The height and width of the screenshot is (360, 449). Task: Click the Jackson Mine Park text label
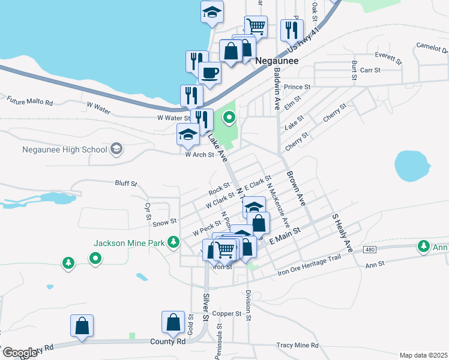tap(130, 243)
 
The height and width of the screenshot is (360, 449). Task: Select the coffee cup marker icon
tap(209, 73)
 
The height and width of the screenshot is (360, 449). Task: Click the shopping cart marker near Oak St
tap(256, 25)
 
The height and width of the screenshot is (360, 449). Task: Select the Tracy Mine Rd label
tap(297, 346)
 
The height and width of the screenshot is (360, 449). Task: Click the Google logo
tap(19, 353)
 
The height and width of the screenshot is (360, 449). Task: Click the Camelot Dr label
tap(432, 47)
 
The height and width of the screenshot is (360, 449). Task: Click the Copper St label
tap(226, 313)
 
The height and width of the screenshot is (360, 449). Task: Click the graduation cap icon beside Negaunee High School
tap(116, 149)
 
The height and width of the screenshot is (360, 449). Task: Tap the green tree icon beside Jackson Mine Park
tap(174, 242)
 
